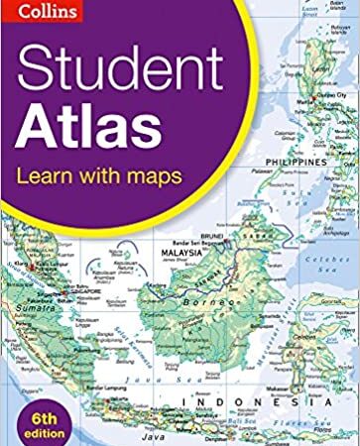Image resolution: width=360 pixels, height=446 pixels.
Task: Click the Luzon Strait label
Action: (317, 8)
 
